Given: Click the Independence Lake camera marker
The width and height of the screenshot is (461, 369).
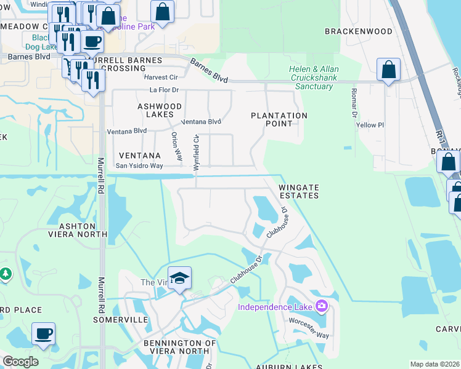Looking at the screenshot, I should [x=321, y=306].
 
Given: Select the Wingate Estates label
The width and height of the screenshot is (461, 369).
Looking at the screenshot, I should [x=299, y=191].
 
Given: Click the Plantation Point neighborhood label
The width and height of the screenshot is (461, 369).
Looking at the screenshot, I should [x=279, y=119].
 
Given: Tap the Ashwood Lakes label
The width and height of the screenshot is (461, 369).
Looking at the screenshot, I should [x=160, y=111].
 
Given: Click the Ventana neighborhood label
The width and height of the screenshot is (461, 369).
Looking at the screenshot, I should [x=140, y=156].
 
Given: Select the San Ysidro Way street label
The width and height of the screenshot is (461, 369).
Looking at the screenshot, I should [x=139, y=166].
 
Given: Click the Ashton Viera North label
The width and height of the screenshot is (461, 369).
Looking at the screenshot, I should [x=79, y=230].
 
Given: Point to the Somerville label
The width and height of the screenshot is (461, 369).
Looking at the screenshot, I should [x=121, y=320].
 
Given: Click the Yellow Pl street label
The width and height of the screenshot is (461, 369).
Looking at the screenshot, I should [x=370, y=125].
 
